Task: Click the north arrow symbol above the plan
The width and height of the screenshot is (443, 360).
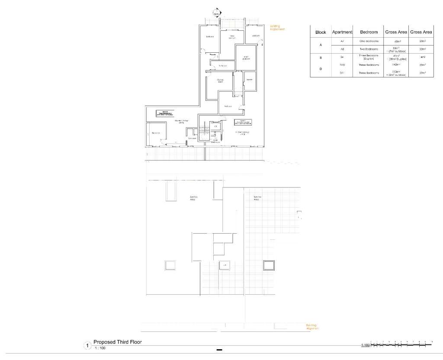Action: (x=217, y=13)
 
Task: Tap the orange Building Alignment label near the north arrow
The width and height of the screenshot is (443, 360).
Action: (x=277, y=27)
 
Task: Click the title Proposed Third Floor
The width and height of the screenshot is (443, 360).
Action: (x=117, y=342)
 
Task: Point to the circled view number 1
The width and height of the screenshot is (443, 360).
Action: (x=87, y=346)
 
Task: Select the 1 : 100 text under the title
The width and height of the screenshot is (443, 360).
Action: (x=100, y=348)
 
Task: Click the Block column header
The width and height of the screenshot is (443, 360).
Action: (x=321, y=32)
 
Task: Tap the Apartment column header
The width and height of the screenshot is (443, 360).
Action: (x=342, y=32)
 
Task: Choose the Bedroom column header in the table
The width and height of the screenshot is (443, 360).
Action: (x=369, y=32)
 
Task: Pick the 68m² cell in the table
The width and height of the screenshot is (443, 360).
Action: (x=396, y=41)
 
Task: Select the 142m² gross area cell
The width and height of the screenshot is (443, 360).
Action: (x=396, y=64)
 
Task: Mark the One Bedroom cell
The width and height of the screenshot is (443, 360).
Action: (x=369, y=41)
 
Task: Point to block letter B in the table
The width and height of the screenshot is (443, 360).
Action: (x=321, y=57)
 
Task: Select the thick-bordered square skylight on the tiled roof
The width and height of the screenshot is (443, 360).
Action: (x=270, y=265)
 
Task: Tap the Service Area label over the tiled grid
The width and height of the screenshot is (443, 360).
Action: (x=257, y=198)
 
